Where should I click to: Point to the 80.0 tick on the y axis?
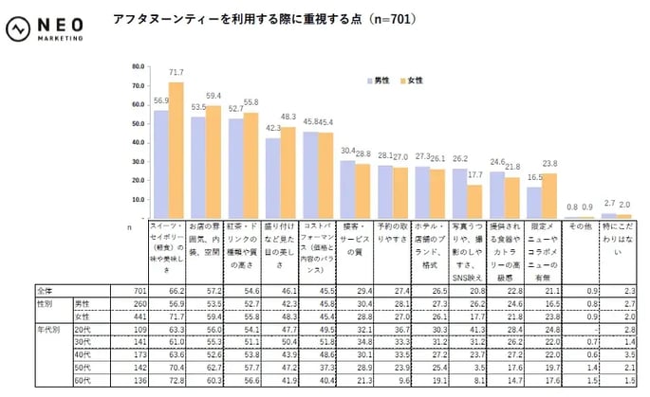coord(137,66)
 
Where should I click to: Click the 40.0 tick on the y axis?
coord(137,142)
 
